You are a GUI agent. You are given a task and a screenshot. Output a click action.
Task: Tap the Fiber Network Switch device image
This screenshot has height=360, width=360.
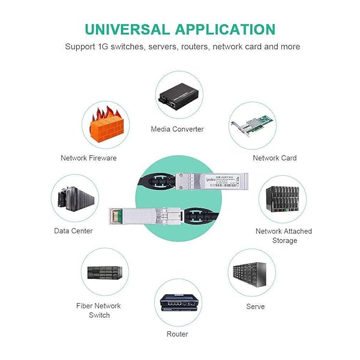(104, 275)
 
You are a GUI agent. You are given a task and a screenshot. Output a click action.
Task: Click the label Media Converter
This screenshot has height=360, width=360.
(177, 129)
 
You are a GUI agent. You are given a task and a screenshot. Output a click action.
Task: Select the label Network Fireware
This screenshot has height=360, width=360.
(89, 158)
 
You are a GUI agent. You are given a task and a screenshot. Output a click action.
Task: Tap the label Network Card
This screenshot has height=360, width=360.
(275, 158)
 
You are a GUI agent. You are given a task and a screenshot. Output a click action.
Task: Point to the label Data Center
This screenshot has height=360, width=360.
(73, 231)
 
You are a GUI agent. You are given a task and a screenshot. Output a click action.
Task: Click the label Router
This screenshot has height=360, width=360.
(178, 334)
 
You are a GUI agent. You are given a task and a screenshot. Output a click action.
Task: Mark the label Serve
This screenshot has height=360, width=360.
(255, 307)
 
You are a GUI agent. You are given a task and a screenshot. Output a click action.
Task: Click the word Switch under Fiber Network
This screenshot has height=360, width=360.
(99, 316)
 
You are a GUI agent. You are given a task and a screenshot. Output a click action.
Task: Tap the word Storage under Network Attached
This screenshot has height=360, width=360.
(284, 241)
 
